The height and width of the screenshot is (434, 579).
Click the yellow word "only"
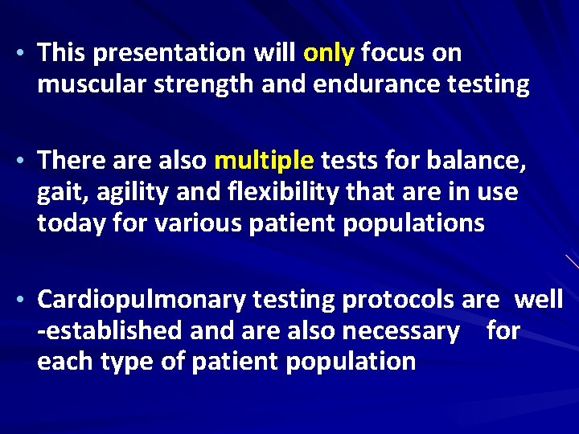click(329, 54)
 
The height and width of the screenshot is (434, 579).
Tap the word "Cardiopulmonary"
click(142, 301)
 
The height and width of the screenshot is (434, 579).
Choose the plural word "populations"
click(415, 223)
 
